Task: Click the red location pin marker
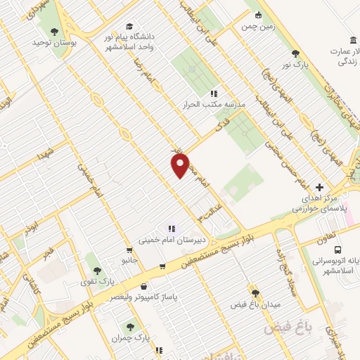pyautogui.click(x=181, y=166)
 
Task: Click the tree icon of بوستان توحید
pyautogui.click(x=55, y=31)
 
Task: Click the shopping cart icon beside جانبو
pyautogui.click(x=129, y=250)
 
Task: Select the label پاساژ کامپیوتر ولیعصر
pyautogui.click(x=144, y=297)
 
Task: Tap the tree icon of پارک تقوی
pyautogui.click(x=97, y=271)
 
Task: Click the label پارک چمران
pyautogui.click(x=131, y=338)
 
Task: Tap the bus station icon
pyautogui.click(x=338, y=250)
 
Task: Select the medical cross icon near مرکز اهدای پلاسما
pyautogui.click(x=320, y=188)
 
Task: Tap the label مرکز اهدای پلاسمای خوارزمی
pyautogui.click(x=317, y=204)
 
